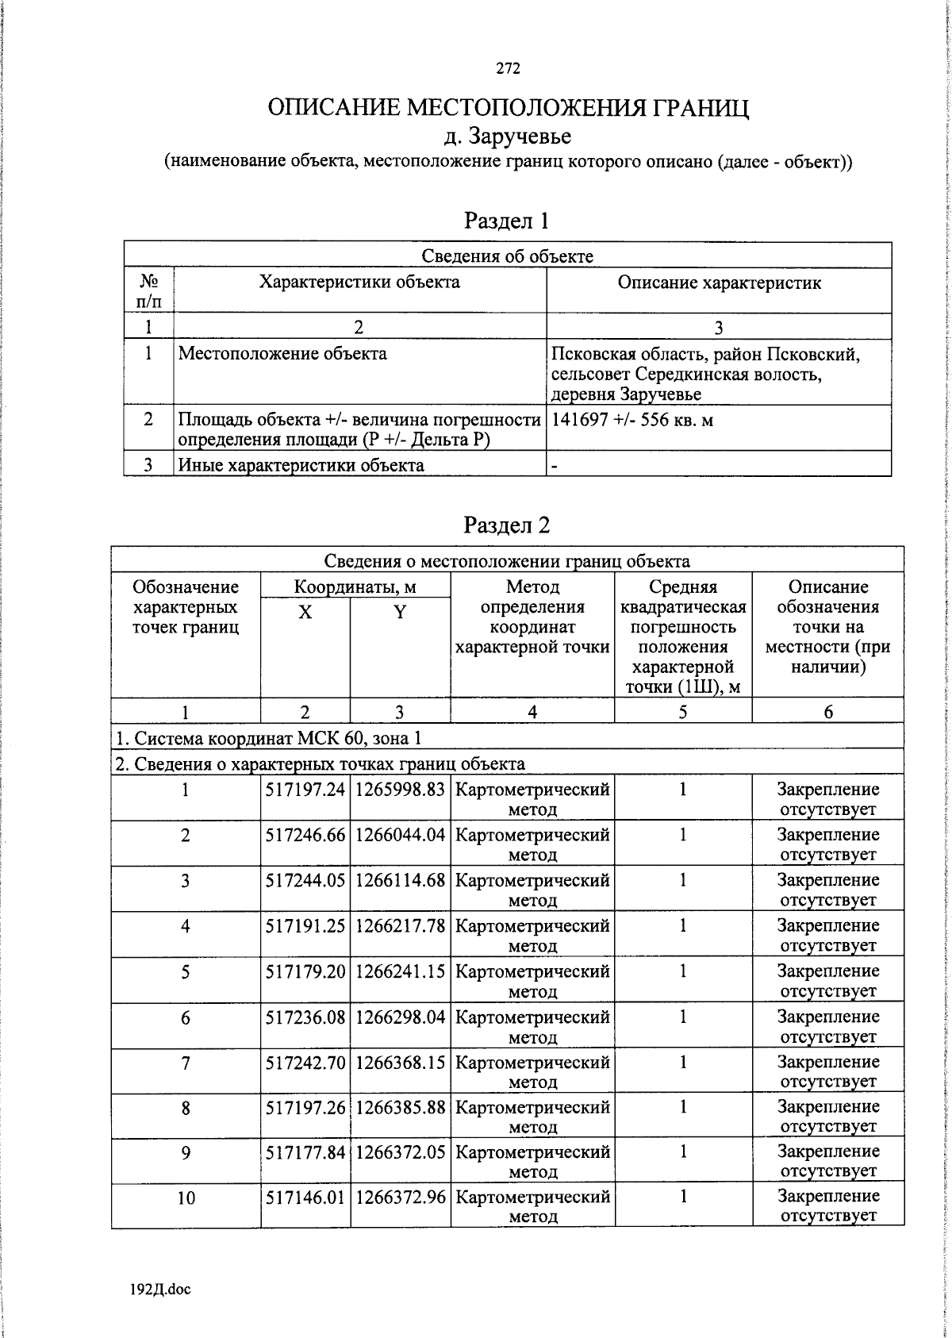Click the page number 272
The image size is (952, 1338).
[x=508, y=69]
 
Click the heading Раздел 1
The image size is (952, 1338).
[x=506, y=220]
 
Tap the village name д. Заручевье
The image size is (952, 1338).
[x=508, y=136]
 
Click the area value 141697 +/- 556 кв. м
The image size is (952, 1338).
[x=632, y=420]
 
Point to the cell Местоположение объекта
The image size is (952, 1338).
[x=282, y=354]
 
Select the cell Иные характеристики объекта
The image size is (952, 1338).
[x=301, y=465]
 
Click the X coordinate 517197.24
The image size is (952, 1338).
[x=305, y=790]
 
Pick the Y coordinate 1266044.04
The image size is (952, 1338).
[x=400, y=835]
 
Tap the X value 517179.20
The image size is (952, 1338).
[x=305, y=971]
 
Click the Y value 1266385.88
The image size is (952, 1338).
[x=400, y=1107]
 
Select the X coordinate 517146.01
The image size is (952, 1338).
[x=305, y=1197]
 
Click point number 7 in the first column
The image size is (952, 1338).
[x=186, y=1063]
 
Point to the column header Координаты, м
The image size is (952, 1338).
[x=355, y=587]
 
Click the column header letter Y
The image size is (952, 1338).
[x=400, y=613]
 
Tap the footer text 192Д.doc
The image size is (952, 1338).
[x=160, y=1289]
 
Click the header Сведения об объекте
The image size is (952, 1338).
[x=507, y=256]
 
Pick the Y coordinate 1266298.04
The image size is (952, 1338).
[x=400, y=1017]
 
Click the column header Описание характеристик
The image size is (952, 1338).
[x=719, y=283]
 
